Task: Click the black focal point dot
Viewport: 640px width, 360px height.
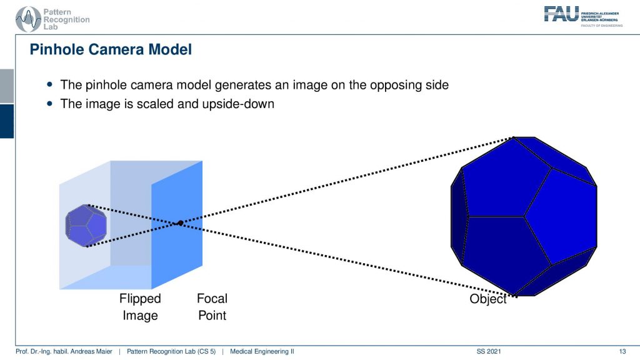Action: [x=181, y=223]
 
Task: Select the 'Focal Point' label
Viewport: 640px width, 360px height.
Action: [x=212, y=307]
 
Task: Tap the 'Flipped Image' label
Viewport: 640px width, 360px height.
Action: [x=140, y=307]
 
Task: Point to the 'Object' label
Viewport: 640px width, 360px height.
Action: [x=487, y=299]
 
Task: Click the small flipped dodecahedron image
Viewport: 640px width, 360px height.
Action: [x=86, y=225]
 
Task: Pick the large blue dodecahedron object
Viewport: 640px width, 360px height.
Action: [x=524, y=216]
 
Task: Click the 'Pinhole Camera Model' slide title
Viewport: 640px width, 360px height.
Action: [x=111, y=49]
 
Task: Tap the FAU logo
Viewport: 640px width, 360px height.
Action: [x=583, y=16]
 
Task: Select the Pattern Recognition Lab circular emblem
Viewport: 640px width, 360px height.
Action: [x=27, y=19]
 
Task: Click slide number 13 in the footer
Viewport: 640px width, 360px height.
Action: [x=622, y=351]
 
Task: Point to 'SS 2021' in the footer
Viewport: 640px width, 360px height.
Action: [x=489, y=351]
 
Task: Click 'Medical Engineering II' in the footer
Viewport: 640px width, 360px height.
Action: [x=262, y=351]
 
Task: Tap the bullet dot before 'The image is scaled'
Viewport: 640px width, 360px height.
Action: [x=50, y=104]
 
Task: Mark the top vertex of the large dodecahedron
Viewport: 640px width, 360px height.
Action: [x=514, y=137]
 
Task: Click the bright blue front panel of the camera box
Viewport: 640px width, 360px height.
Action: [x=177, y=225]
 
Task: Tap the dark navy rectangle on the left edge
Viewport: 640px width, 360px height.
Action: [x=7, y=121]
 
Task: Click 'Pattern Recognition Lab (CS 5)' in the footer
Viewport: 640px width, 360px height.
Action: [x=171, y=351]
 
